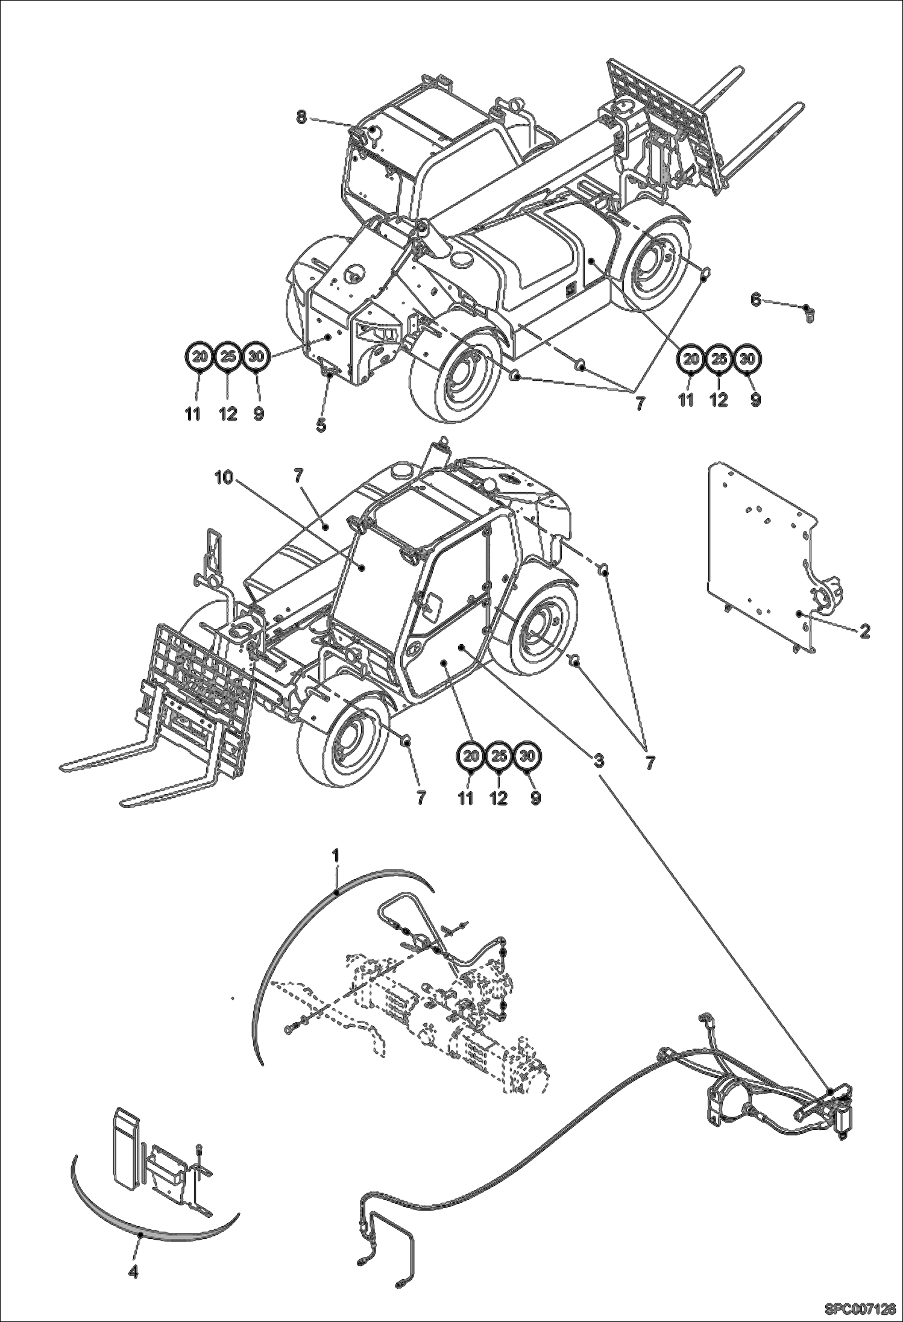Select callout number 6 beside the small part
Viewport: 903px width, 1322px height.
click(755, 298)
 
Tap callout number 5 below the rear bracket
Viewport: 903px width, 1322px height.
click(321, 425)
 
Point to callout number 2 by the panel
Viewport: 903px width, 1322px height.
click(865, 631)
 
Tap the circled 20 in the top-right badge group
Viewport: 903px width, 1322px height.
click(691, 359)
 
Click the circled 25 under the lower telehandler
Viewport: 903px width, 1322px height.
click(498, 756)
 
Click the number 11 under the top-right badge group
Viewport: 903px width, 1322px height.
click(686, 400)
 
